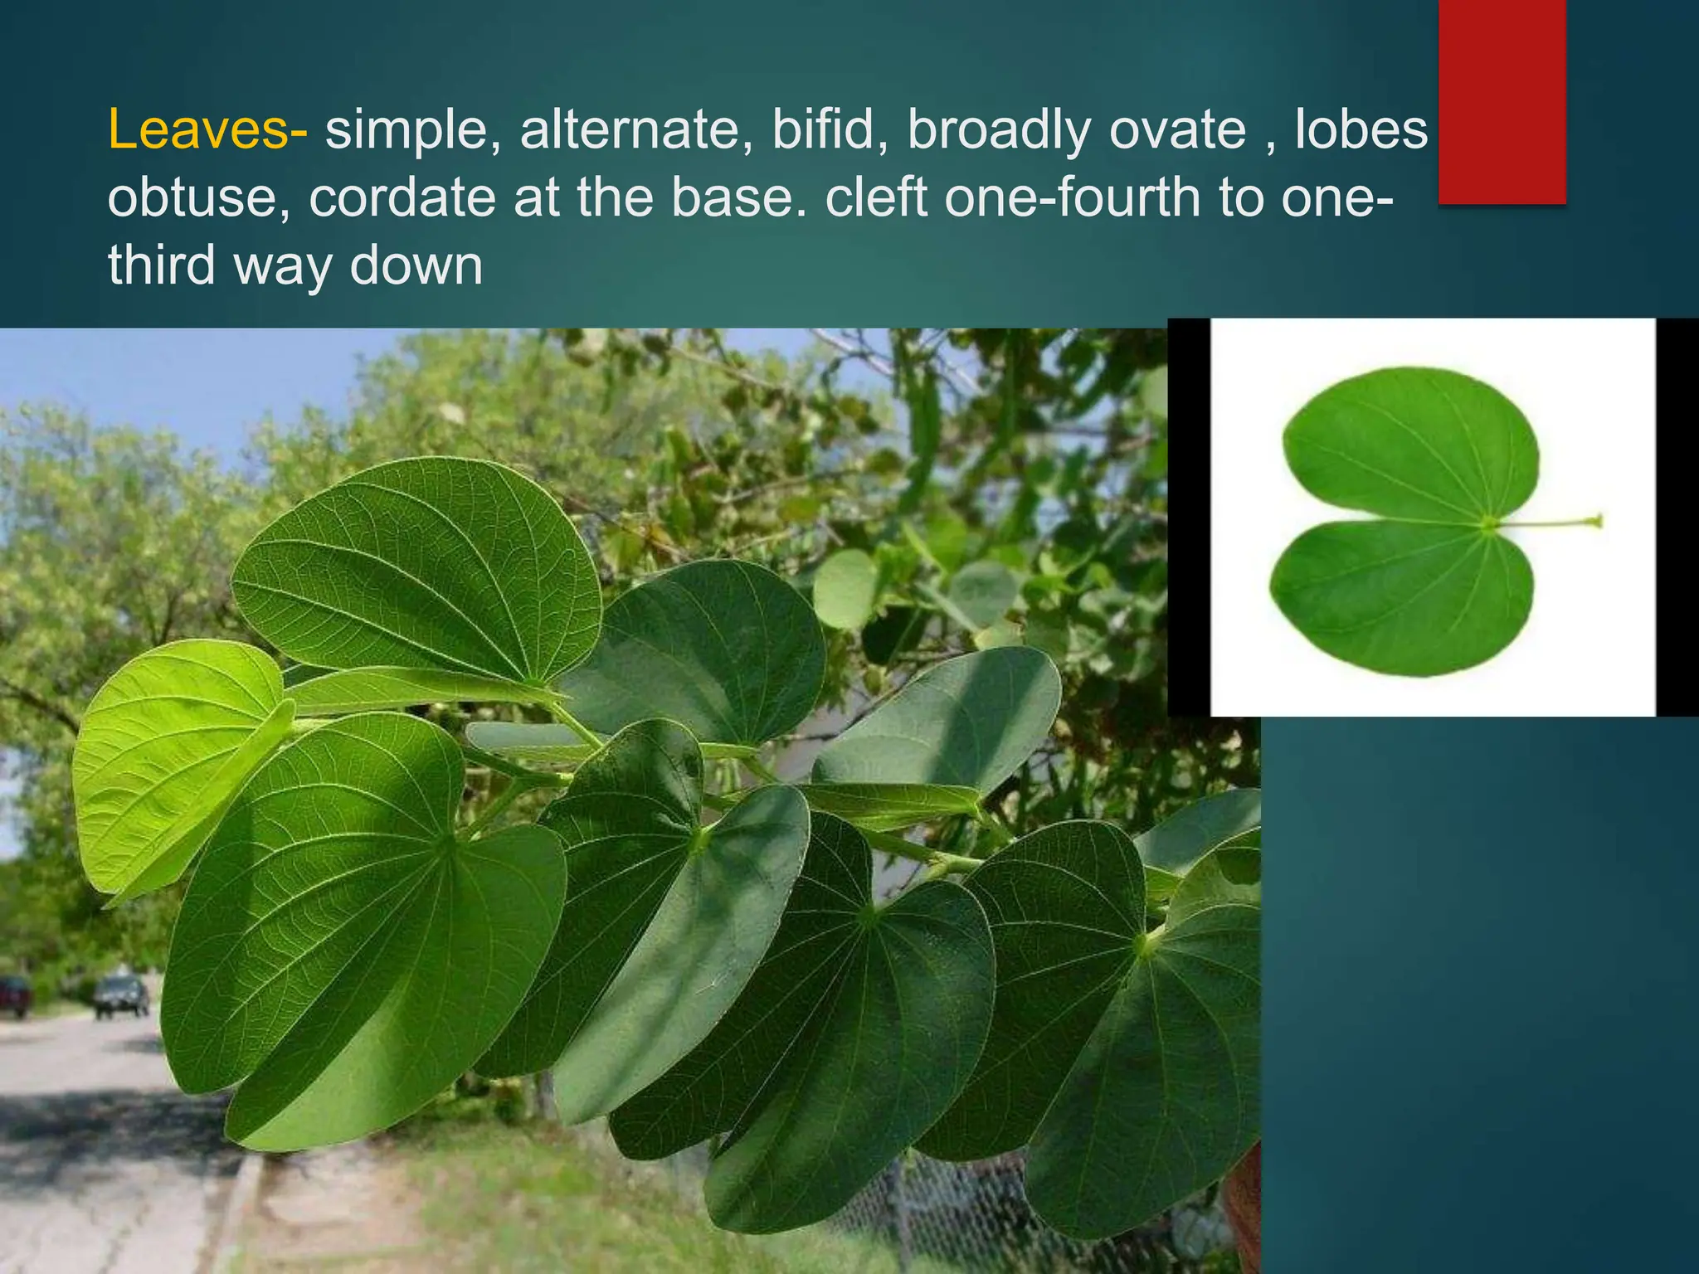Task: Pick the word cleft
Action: click(876, 198)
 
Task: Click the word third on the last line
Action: click(163, 265)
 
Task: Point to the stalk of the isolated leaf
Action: click(1546, 523)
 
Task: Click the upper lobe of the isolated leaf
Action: click(1410, 444)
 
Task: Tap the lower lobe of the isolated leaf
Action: click(1402, 597)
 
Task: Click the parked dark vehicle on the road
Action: click(121, 994)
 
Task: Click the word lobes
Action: click(1361, 130)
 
